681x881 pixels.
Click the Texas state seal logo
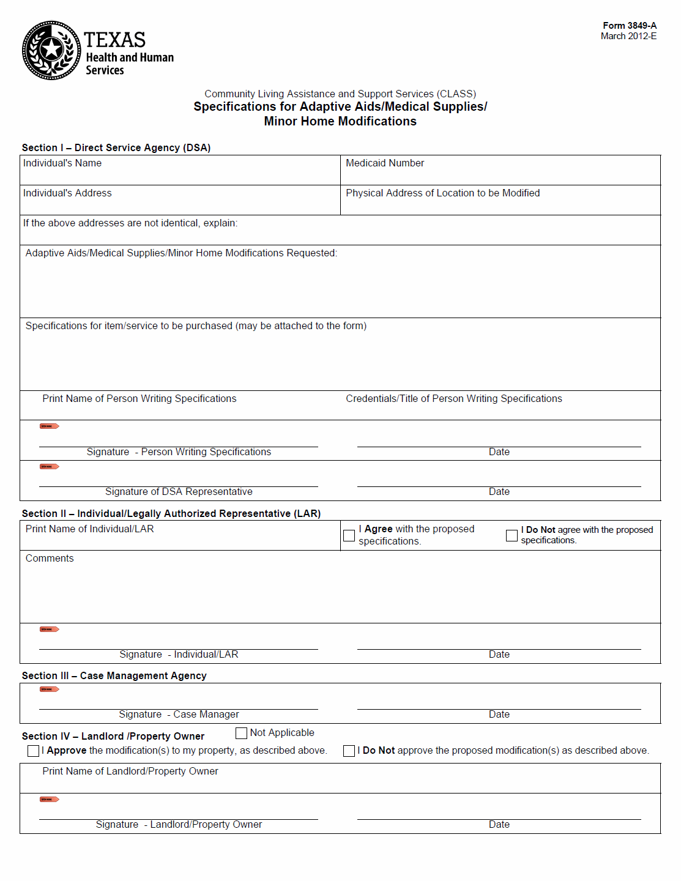point(51,50)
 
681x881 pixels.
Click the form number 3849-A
point(629,26)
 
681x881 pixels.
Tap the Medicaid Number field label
point(384,163)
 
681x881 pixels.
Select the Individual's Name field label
point(62,163)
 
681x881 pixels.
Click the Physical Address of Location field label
point(442,193)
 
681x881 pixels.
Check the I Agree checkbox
point(349,536)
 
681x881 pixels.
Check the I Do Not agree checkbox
point(512,536)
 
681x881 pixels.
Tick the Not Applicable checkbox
point(242,733)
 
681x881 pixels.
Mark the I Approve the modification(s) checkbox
point(34,751)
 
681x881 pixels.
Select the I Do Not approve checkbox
point(349,751)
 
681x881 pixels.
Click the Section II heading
point(171,514)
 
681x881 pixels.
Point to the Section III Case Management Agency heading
point(114,676)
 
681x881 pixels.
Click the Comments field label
point(50,559)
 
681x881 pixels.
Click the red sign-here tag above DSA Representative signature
point(49,467)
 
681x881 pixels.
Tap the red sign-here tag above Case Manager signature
point(49,690)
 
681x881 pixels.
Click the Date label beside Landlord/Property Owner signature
point(499,825)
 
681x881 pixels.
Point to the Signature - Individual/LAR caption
point(179,655)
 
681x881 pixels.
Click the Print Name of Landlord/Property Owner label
point(130,771)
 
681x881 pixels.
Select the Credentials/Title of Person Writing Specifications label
point(453,399)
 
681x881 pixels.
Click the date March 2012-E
point(628,36)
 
